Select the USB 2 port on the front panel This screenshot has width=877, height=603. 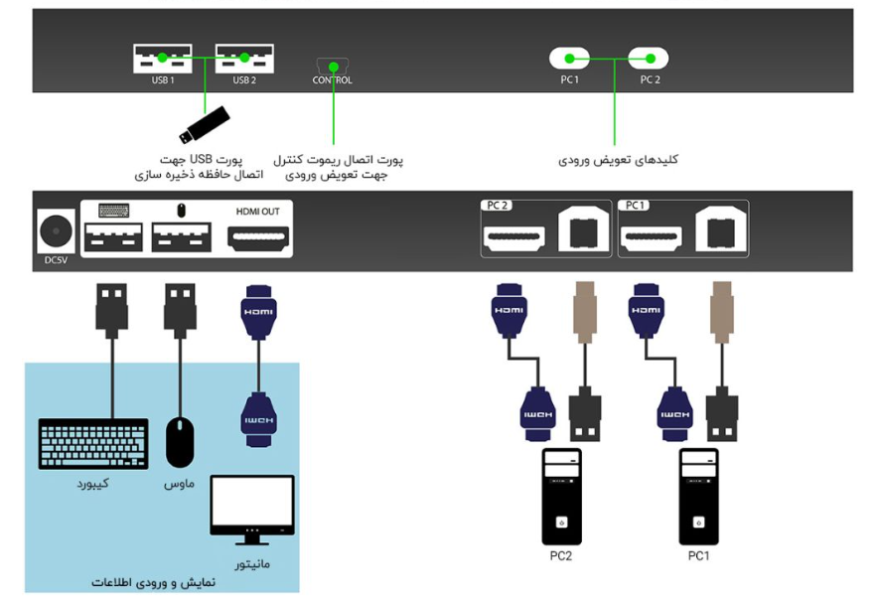pos(244,59)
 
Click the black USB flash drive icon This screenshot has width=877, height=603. pos(205,126)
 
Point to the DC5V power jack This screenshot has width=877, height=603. pos(55,232)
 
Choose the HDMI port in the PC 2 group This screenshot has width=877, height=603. pos(513,238)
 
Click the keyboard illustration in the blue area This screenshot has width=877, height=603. pos(93,443)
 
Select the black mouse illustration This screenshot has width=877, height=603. pos(180,441)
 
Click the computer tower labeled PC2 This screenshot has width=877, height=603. pos(561,496)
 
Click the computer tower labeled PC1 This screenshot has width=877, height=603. pos(698,496)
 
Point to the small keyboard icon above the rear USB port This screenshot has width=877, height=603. pos(113,211)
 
